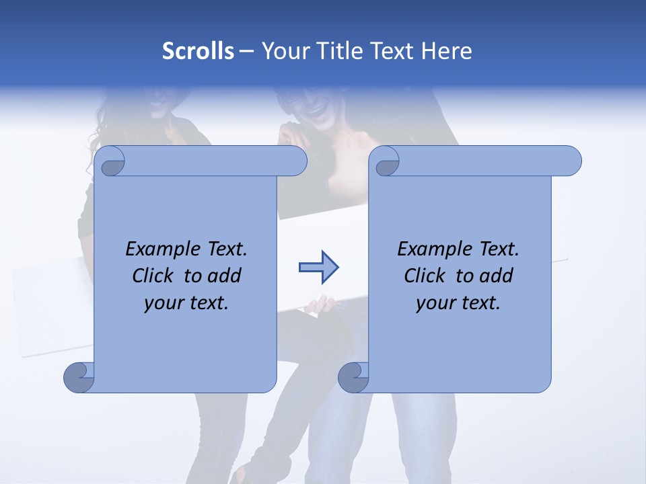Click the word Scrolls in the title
tap(199, 51)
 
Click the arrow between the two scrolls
tap(318, 268)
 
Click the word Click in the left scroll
tap(154, 276)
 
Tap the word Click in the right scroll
tap(426, 276)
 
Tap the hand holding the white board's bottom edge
tap(322, 305)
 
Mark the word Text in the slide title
tap(392, 51)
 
